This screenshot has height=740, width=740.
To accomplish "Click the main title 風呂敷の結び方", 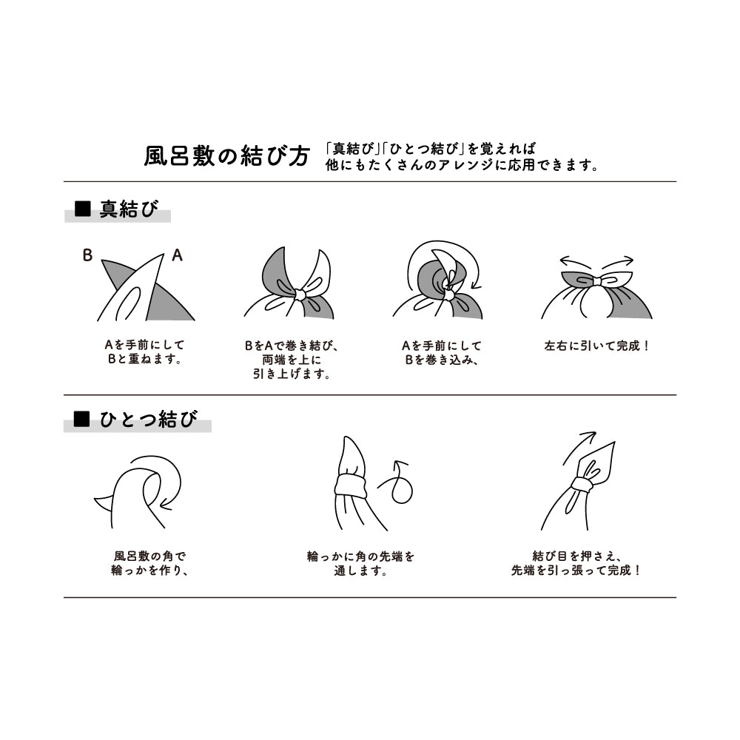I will tap(226, 156).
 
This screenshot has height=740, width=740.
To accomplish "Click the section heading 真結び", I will tap(129, 210).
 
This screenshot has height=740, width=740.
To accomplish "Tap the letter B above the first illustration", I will tap(87, 256).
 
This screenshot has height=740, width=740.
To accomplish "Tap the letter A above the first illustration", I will tap(177, 256).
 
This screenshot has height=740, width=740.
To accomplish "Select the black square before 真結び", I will tap(83, 210).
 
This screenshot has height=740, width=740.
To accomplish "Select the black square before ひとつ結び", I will tap(83, 420).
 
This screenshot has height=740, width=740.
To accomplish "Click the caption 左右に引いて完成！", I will tap(596, 346).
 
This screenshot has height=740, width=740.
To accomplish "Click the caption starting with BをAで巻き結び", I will tap(291, 360).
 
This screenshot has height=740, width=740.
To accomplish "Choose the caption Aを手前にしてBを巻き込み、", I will tap(441, 352).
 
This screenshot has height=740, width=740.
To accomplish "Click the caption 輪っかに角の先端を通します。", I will tap(360, 562).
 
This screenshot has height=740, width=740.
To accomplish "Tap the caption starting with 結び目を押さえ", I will tap(576, 562).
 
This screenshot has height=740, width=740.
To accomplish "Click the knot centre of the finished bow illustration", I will tap(596, 280).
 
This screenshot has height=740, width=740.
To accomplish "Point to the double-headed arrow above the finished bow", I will tap(596, 260).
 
